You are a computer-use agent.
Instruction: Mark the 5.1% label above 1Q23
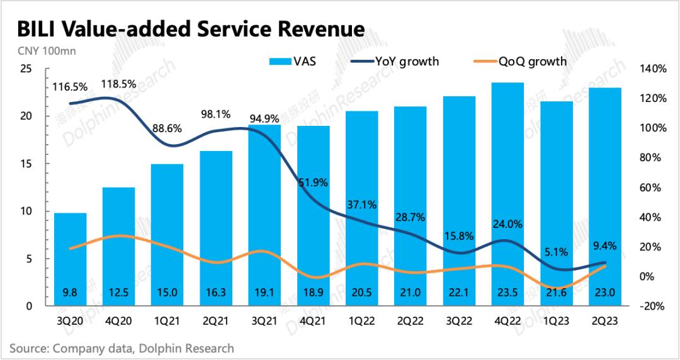coord(556,252)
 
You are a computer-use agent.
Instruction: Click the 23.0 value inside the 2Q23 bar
coord(604,291)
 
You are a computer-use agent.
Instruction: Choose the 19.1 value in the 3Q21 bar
coord(264,291)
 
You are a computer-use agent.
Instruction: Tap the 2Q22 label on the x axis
coord(410,320)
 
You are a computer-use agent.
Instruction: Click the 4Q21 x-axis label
coord(313,320)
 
